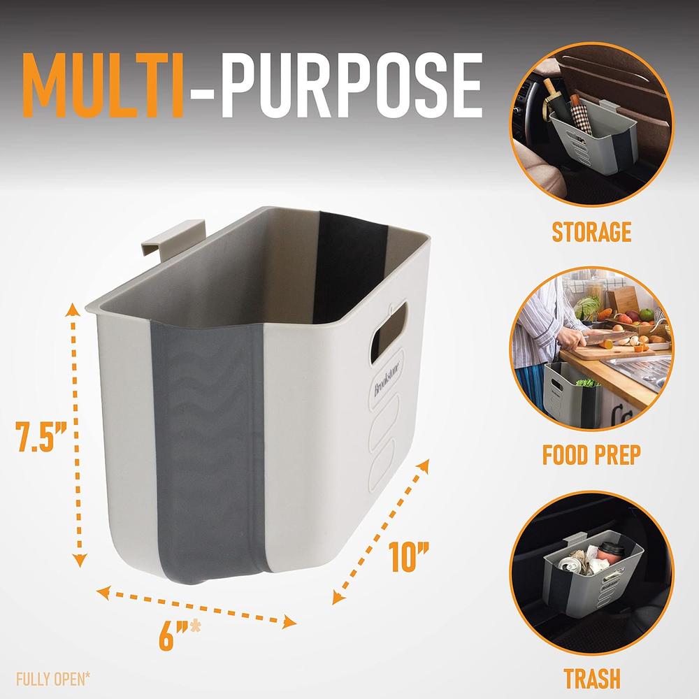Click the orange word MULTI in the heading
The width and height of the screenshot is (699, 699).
(104, 85)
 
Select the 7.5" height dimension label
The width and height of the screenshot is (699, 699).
(41, 436)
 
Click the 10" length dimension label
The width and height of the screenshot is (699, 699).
(409, 556)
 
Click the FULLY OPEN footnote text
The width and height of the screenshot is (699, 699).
(53, 679)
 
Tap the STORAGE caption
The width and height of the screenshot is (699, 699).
(591, 232)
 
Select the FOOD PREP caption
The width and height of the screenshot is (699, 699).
(591, 455)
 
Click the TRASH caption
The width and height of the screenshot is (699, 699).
(592, 679)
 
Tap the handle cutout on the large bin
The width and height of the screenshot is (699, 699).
(388, 332)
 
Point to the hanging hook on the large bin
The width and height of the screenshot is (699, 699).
(172, 237)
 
